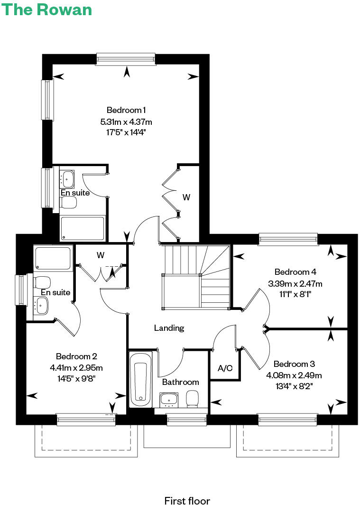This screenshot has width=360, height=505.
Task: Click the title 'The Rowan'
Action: click(47, 9)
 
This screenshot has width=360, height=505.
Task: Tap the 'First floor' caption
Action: click(187, 500)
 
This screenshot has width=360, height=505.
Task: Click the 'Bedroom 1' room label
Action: click(126, 110)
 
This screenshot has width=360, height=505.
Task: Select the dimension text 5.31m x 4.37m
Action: click(126, 122)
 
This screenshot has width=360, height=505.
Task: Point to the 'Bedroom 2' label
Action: click(76, 356)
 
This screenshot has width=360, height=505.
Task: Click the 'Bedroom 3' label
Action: click(294, 364)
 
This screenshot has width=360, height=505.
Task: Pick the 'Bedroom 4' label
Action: click(295, 272)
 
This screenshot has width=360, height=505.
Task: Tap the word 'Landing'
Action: click(169, 327)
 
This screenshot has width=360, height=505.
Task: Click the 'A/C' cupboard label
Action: click(225, 368)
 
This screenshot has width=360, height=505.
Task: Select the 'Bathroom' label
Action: click(180, 382)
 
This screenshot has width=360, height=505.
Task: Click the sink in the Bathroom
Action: click(168, 400)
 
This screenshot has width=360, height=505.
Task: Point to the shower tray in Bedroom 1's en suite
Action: click(82, 228)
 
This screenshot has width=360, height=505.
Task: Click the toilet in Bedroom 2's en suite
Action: click(42, 281)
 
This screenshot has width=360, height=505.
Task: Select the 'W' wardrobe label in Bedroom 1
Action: click(186, 197)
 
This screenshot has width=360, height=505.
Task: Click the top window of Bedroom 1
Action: click(126, 59)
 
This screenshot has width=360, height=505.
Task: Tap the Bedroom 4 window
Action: click(288, 239)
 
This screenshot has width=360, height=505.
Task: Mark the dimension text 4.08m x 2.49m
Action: click(294, 375)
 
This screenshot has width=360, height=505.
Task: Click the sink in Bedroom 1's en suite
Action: click(67, 178)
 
